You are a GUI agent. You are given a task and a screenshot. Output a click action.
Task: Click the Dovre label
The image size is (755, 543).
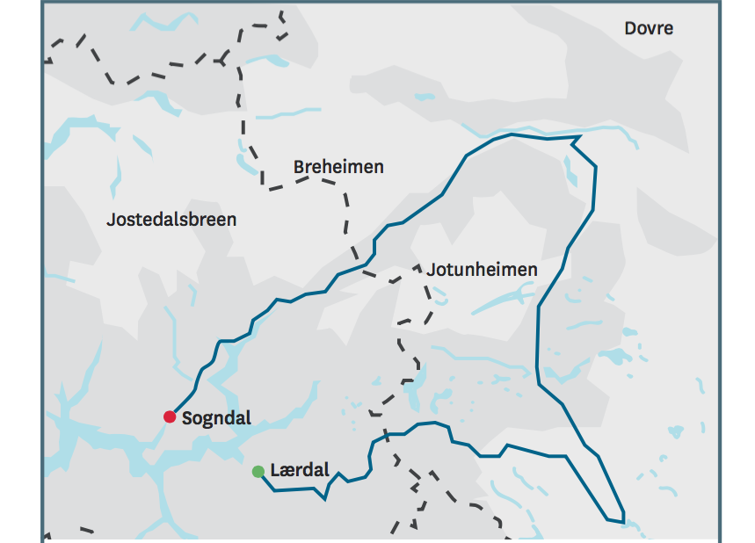tap(649, 28)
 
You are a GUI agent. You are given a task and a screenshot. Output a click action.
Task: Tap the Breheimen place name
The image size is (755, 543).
tap(338, 167)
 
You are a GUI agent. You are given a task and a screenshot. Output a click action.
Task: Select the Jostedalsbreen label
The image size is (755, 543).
tap(171, 219)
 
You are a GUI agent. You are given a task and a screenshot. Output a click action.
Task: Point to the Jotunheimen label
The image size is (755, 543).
tap(482, 270)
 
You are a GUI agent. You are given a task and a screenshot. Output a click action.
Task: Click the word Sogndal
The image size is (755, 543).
tap(216, 418)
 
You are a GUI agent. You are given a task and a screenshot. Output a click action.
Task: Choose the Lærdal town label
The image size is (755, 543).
tap(300, 470)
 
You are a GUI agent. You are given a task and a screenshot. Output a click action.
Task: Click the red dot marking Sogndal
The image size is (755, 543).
tap(170, 416)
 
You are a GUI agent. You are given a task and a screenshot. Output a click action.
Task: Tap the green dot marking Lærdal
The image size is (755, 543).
tap(258, 472)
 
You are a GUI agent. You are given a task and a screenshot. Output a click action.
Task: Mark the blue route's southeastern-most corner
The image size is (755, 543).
tap(623, 520)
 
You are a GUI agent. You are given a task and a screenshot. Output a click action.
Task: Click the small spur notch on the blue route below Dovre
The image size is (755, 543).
tap(576, 140)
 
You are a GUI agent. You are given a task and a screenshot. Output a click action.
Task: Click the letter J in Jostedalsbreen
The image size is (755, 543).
tap(111, 220)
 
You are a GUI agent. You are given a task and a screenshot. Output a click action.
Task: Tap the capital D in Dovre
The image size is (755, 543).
tap(630, 28)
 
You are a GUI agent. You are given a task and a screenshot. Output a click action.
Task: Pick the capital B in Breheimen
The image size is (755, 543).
tap(299, 167)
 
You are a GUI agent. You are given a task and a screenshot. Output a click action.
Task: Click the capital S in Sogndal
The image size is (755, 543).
tap(187, 418)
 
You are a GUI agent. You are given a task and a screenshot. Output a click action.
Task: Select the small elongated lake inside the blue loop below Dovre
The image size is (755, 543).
tap(570, 171)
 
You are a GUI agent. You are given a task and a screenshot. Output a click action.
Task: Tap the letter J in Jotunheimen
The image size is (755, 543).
tap(431, 270)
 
